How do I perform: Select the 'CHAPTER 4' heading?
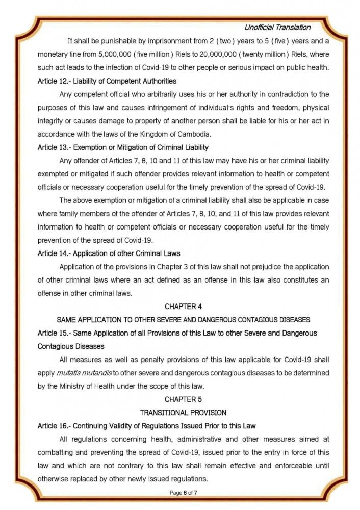(x=180, y=307)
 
